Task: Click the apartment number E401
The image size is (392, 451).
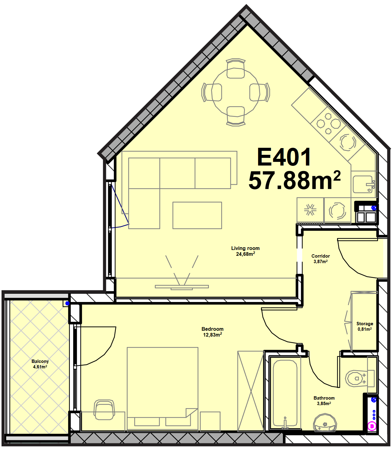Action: (284, 157)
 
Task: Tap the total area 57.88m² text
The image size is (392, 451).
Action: (294, 180)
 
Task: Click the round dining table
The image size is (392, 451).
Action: (236, 92)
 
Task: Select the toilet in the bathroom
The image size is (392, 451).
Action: (360, 378)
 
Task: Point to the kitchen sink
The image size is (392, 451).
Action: (364, 184)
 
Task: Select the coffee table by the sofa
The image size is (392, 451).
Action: (197, 215)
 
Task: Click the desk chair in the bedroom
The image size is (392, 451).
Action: (104, 410)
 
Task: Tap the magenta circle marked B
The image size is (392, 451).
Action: (372, 426)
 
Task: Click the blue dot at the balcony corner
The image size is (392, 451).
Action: (67, 303)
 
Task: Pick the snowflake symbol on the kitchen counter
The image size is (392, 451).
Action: (310, 209)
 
